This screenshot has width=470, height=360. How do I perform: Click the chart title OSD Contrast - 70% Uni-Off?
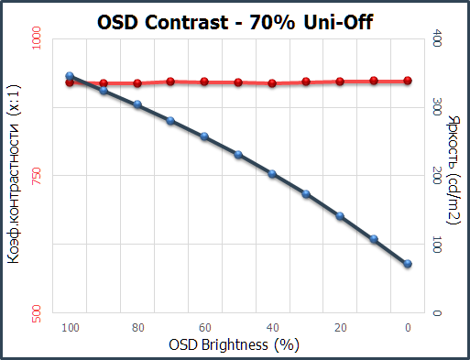(x=235, y=22)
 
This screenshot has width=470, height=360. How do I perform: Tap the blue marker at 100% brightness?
(x=70, y=76)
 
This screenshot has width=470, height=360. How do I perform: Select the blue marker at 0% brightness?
(x=408, y=264)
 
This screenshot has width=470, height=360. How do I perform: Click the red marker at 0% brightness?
(x=408, y=81)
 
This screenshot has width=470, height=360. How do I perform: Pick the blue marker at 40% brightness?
(x=272, y=174)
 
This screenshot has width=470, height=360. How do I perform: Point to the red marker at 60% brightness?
(x=204, y=82)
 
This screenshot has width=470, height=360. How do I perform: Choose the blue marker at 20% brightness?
(x=340, y=216)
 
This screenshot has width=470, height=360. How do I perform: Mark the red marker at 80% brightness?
(x=137, y=83)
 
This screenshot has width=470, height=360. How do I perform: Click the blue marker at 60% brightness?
(x=204, y=136)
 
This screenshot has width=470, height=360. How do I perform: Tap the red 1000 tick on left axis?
(x=36, y=38)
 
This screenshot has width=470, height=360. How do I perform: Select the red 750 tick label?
(x=36, y=176)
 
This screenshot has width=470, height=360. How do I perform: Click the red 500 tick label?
(x=36, y=313)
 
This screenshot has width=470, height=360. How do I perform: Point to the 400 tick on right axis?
(x=437, y=38)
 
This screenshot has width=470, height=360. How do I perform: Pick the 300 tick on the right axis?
(x=437, y=107)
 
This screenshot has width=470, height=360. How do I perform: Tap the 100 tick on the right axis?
(x=437, y=245)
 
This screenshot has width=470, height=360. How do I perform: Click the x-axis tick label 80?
(x=137, y=328)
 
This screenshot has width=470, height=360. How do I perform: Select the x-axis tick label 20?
(x=340, y=328)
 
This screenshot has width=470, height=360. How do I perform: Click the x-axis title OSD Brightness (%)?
(x=235, y=345)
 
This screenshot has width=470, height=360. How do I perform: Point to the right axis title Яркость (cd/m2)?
(x=454, y=169)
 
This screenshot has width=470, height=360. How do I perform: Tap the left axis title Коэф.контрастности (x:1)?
(x=14, y=174)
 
